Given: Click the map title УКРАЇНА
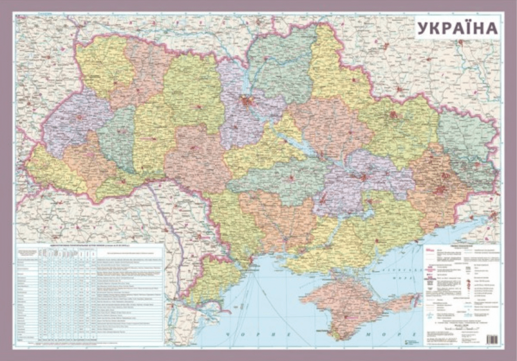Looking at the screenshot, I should (x=457, y=28).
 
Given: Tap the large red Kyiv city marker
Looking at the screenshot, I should (x=246, y=101).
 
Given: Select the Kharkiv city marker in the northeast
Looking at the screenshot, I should (x=393, y=115).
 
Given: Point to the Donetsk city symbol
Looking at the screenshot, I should (x=440, y=189).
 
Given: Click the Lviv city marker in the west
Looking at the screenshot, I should (x=79, y=117).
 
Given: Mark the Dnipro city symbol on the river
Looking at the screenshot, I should (x=363, y=177).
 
